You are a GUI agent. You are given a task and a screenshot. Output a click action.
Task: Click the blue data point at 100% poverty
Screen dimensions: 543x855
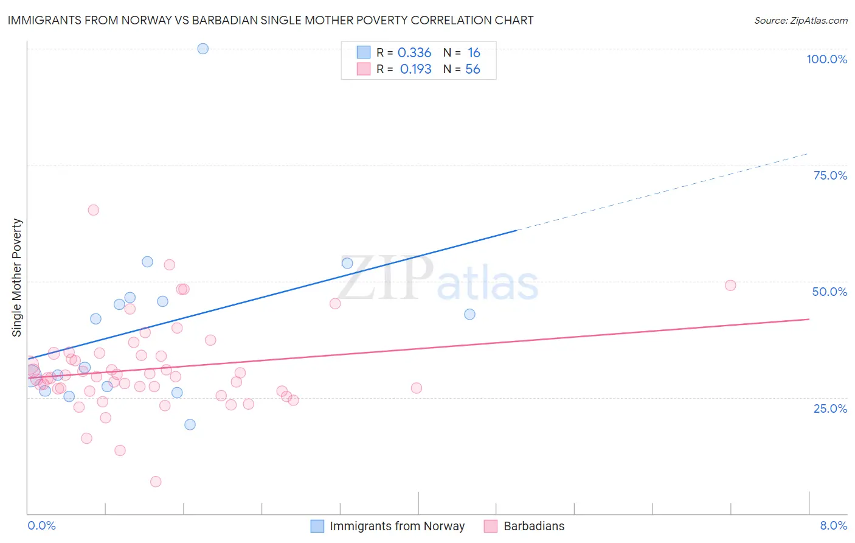tap(203, 49)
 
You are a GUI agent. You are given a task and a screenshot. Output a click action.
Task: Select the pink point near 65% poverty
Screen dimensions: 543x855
tap(94, 210)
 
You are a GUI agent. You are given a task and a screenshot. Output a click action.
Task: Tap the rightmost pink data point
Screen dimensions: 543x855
tap(730, 286)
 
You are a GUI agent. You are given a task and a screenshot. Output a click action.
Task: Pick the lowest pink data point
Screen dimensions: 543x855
tap(156, 482)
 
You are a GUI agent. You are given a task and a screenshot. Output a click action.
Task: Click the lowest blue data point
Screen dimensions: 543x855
tap(190, 424)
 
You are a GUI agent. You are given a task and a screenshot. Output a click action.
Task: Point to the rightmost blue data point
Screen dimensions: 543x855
tap(469, 314)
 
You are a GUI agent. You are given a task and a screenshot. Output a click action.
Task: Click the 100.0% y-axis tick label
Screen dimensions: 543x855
tap(826, 59)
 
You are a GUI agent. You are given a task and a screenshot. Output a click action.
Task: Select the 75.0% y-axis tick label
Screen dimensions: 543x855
tap(830, 175)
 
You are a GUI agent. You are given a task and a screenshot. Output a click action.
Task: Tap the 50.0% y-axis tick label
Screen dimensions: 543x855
tap(829, 292)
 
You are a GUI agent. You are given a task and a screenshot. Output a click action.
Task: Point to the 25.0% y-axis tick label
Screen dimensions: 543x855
tap(830, 408)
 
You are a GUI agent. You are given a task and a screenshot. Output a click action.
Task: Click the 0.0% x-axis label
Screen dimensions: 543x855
tap(41, 525)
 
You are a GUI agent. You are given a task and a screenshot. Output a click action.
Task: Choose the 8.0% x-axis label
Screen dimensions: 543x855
tap(833, 525)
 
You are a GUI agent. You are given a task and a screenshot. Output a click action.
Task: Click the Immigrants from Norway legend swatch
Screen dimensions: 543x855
tap(317, 526)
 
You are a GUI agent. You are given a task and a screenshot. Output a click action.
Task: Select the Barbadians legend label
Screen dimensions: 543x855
tap(534, 526)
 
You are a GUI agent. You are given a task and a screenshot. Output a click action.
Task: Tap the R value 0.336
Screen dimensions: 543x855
tap(414, 53)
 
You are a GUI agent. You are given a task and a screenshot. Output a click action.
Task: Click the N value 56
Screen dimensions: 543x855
tap(472, 69)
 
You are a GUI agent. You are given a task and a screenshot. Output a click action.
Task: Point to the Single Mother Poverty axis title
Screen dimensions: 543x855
tap(17, 278)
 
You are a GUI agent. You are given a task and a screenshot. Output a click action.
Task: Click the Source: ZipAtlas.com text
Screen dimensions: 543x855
tap(800, 21)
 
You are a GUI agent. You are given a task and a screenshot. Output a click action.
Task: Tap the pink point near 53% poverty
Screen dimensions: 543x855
tap(170, 265)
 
